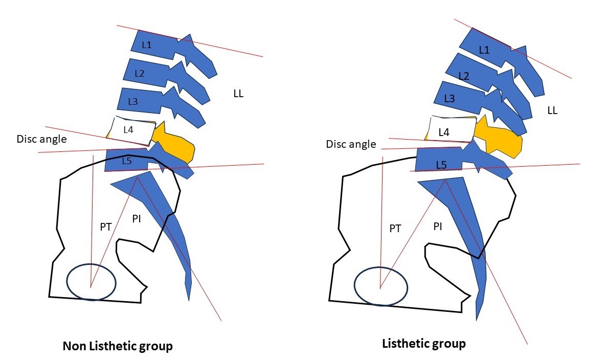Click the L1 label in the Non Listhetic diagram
147,46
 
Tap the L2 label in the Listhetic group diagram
463,76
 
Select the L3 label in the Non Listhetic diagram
133,102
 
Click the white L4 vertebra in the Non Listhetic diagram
131,131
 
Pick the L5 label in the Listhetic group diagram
442,165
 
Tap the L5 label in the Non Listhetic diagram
127,161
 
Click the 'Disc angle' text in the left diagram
41,139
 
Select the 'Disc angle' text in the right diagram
351,145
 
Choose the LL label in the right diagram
552,110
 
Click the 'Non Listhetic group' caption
118,346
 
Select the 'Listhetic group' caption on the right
424,343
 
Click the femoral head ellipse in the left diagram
92,282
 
